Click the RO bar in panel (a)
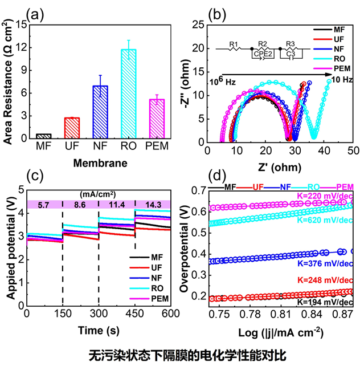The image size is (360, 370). click(128, 94)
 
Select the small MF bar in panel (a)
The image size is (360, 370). click(43, 136)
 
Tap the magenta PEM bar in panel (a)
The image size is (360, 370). click(157, 119)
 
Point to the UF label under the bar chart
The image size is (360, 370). click(72, 148)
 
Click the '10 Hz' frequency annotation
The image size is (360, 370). click(342, 80)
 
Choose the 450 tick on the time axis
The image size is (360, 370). click(135, 315)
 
